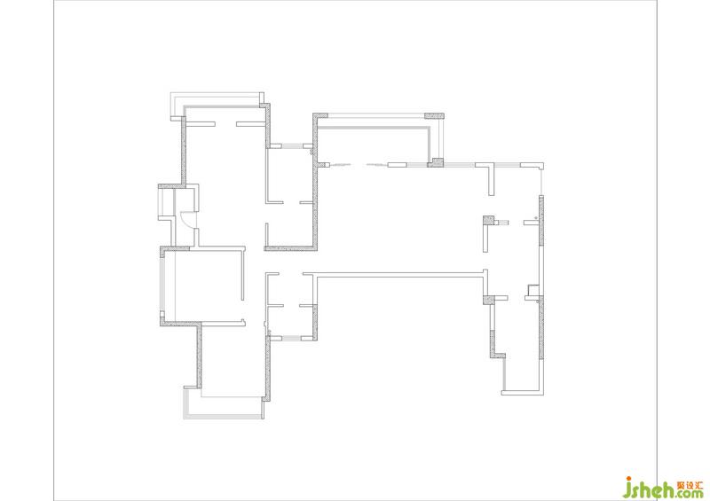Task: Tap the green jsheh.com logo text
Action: pyautogui.click(x=663, y=489)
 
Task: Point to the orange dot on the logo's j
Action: pyautogui.click(x=628, y=479)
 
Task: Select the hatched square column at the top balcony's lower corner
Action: pyautogui.click(x=436, y=162)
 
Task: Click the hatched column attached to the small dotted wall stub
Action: pyautogui.click(x=488, y=221)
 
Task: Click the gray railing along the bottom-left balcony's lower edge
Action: pyautogui.click(x=223, y=417)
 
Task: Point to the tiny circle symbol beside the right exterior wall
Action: pyautogui.click(x=536, y=218)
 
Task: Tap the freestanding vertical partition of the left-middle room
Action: pyautogui.click(x=242, y=274)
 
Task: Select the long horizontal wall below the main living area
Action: pyautogui.click(x=399, y=274)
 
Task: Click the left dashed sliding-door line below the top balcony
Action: pyautogui.click(x=340, y=165)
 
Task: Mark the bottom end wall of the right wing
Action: pyautogui.click(x=522, y=393)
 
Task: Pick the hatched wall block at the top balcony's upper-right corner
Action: pyautogui.click(x=434, y=116)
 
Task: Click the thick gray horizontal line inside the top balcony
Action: pyautogui.click(x=373, y=128)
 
